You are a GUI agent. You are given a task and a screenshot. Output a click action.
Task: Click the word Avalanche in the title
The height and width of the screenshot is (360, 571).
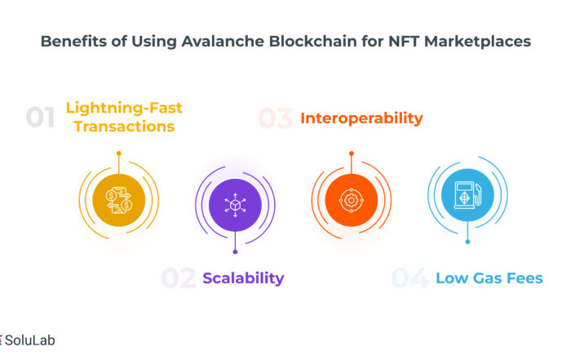(223, 41)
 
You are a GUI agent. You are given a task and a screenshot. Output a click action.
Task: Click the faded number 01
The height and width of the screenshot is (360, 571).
(41, 118)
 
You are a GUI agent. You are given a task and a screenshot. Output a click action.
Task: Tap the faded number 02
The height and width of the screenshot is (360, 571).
(179, 278)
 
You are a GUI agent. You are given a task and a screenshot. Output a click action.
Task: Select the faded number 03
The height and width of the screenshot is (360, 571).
(276, 118)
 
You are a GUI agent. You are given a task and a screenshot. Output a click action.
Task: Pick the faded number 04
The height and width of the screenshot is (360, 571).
(409, 278)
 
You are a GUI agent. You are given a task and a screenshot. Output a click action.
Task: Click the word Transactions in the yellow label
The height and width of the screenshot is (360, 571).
(124, 127)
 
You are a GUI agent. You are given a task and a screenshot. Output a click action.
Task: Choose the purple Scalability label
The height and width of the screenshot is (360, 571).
(243, 278)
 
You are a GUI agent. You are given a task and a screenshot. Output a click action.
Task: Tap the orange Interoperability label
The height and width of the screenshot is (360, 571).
(361, 118)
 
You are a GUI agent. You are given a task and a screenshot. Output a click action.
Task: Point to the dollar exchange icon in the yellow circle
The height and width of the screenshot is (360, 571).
(119, 200)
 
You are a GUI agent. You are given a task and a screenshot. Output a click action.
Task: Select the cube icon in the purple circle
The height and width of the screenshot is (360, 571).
(235, 205)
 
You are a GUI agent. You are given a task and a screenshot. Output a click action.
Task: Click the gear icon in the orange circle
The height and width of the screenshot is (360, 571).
(351, 200)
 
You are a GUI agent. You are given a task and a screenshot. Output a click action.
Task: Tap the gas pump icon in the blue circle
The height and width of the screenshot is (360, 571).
(467, 195)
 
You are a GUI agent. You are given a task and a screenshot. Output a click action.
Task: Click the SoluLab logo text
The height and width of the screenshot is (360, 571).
(30, 340)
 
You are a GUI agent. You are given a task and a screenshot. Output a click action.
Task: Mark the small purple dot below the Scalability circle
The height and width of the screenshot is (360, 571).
(235, 251)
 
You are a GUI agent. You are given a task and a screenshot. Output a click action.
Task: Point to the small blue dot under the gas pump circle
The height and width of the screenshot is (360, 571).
(467, 242)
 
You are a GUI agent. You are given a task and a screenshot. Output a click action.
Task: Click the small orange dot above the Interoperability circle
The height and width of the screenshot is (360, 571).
(352, 153)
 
